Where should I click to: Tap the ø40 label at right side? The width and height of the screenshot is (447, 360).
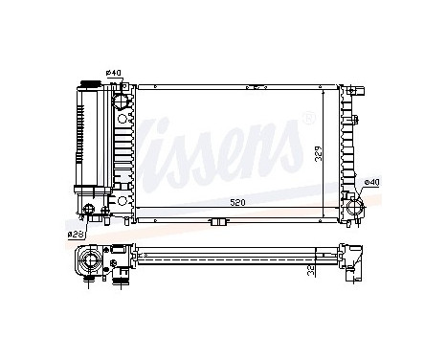372,181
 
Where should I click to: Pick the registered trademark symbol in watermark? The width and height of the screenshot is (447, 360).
307,120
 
